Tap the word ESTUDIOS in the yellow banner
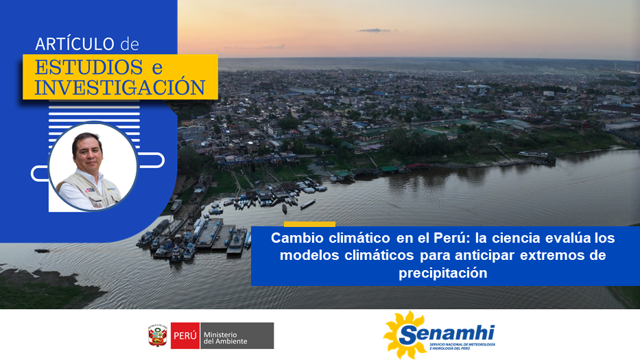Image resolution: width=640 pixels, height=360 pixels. [x=88, y=67]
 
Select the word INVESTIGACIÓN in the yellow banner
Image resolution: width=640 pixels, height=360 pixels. [x=119, y=87]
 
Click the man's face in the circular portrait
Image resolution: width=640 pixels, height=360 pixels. [x=87, y=153]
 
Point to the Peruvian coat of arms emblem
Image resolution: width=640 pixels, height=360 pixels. [x=158, y=335]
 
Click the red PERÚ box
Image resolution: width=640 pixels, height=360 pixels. [x=185, y=335]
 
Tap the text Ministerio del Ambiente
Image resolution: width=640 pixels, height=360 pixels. [x=225, y=337]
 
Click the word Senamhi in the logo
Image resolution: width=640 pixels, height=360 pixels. [x=447, y=335]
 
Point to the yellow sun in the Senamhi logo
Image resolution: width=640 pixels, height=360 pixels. [x=402, y=335]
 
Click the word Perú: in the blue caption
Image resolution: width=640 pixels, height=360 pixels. [x=452, y=237]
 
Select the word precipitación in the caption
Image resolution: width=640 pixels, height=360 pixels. [x=443, y=273]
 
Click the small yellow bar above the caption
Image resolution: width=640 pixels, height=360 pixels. [x=309, y=224]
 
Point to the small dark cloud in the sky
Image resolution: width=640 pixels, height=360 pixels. [x=372, y=30]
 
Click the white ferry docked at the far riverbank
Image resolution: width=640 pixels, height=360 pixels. [x=533, y=154]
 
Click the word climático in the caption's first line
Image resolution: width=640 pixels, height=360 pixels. [x=359, y=237]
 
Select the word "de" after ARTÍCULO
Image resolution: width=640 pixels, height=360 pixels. [x=130, y=44]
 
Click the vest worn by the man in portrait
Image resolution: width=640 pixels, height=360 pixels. [x=90, y=190]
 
